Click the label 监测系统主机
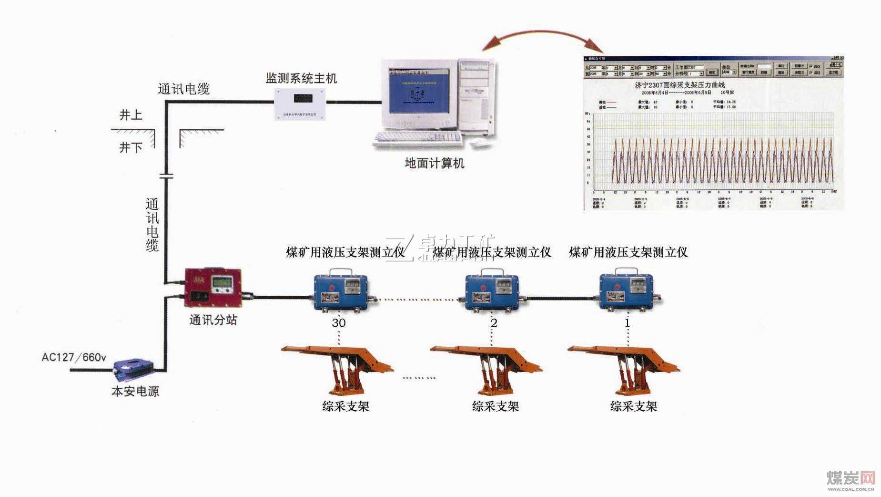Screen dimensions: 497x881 click(301, 78)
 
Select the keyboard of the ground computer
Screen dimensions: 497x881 click(417, 139)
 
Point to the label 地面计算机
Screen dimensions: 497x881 click(434, 164)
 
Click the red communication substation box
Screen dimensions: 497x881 click(213, 288)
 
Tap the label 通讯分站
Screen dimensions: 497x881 click(213, 320)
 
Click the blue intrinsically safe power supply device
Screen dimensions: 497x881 click(133, 370)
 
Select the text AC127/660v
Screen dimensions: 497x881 click(74, 357)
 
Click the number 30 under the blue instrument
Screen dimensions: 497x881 click(338, 323)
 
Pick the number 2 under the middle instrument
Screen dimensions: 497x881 click(494, 323)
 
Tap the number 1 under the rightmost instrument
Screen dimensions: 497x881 click(627, 323)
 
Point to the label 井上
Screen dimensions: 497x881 click(131, 115)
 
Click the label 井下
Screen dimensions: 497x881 click(131, 147)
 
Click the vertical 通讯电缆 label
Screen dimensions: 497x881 click(152, 225)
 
